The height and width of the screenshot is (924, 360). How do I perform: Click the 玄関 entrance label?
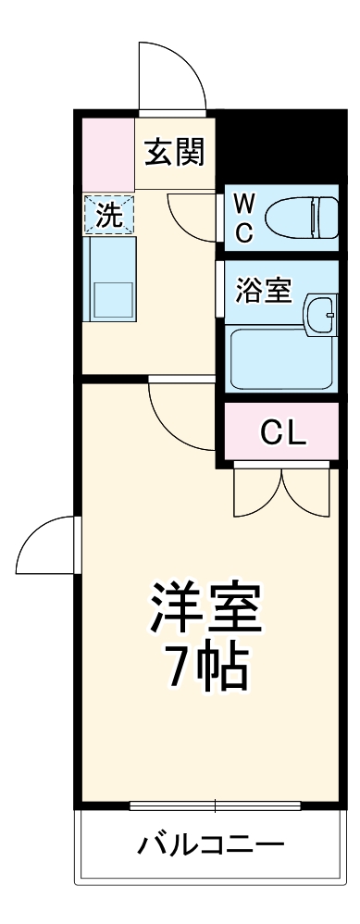pyautogui.click(x=174, y=151)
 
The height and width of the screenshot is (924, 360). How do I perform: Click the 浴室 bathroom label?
pyautogui.click(x=264, y=290)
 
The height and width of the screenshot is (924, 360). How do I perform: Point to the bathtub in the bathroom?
pyautogui.click(x=280, y=360)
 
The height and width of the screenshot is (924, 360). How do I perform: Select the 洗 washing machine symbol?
pyautogui.click(x=109, y=215)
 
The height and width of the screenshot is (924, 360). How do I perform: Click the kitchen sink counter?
pyautogui.click(x=109, y=278)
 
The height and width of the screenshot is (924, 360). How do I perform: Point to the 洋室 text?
pyautogui.click(x=207, y=606)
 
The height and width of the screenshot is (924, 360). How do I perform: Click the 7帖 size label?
pyautogui.click(x=207, y=667)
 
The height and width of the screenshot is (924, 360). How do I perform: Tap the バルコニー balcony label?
pyautogui.click(x=210, y=844)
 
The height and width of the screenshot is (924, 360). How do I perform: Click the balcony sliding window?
pyautogui.click(x=216, y=805)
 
